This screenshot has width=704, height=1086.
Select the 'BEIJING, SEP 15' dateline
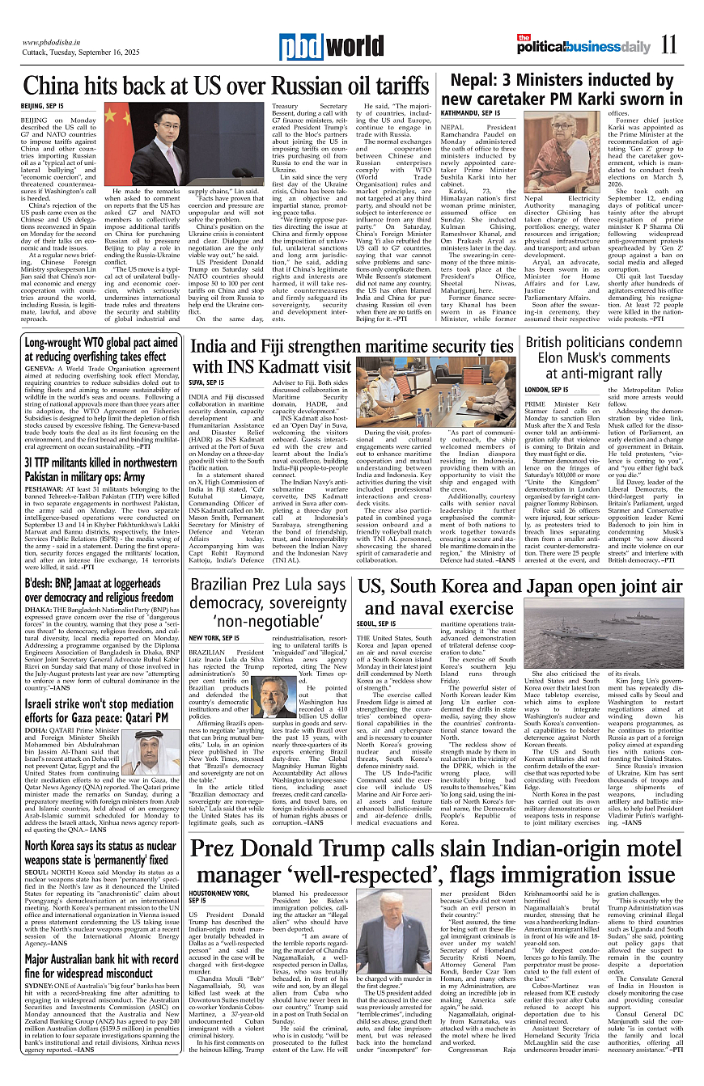(42, 107)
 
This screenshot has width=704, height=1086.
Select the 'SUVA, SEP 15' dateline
(206, 382)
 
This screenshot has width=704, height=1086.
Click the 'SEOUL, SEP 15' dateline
(376, 624)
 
